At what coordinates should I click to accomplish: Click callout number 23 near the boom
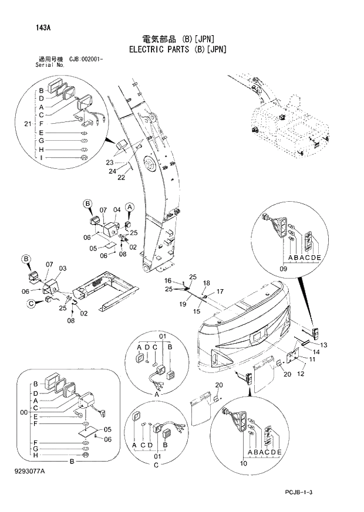tap(110, 162)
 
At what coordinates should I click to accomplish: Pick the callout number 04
tap(117, 209)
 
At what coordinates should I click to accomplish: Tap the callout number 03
tap(62, 268)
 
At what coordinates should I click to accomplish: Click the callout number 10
tap(244, 463)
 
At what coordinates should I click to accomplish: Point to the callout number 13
tap(323, 344)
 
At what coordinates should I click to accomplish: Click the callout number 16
tap(168, 280)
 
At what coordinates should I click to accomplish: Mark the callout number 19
tap(184, 304)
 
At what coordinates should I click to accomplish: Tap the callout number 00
tap(24, 413)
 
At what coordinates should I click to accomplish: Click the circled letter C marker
tap(29, 303)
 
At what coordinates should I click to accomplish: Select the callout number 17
tap(220, 291)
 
